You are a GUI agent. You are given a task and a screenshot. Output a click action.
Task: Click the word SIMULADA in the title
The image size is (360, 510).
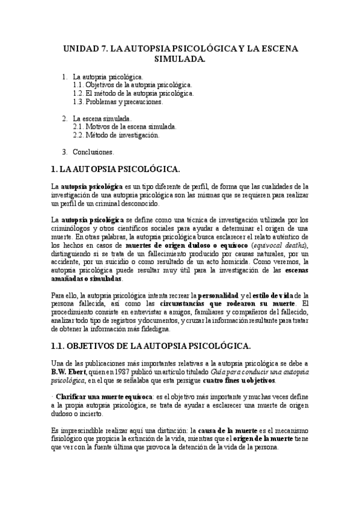tap(180, 60)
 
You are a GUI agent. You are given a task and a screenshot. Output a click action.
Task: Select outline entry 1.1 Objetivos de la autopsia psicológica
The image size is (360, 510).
tap(132, 85)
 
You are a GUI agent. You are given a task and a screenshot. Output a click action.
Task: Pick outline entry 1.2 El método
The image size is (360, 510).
tap(133, 94)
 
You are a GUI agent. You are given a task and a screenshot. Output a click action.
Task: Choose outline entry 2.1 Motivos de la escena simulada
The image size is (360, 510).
tap(124, 127)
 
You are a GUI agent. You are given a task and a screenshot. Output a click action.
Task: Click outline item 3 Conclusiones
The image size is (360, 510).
tap(96, 152)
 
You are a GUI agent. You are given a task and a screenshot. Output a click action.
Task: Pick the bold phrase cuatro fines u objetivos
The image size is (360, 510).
tap(239, 381)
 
